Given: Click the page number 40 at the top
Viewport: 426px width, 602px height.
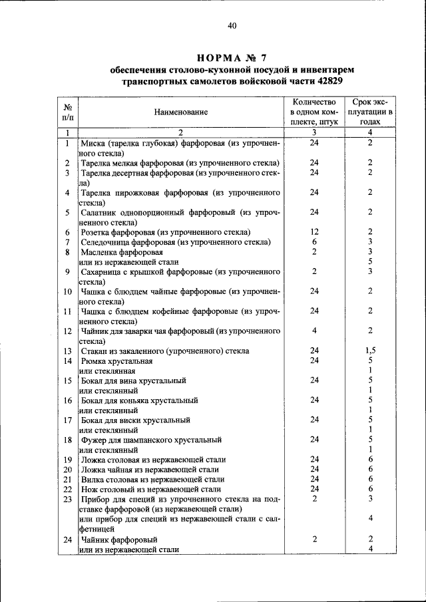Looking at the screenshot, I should coord(232,26).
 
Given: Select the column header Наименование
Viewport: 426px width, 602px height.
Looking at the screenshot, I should coord(180,112).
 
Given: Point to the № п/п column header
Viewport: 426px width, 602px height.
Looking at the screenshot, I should coord(67,112).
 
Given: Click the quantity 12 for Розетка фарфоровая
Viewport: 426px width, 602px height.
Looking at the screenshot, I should coord(314,232).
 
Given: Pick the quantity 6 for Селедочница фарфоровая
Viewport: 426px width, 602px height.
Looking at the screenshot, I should coord(314,242).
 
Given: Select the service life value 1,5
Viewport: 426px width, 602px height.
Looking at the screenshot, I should coord(371,351).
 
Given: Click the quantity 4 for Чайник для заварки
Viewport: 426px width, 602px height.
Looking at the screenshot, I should coord(314,331).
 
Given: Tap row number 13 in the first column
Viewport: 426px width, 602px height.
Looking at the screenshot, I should coord(67,351).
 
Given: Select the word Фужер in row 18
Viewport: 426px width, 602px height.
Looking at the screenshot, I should coord(93,440).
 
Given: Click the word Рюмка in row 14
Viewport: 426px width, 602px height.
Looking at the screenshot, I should coord(94,361).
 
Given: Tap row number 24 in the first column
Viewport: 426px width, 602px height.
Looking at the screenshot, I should coord(67,539).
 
